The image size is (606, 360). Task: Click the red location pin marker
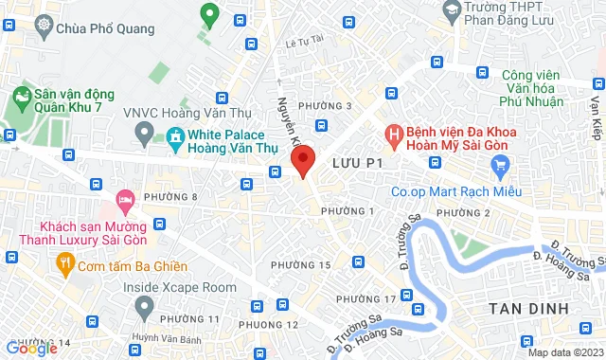tap(303, 162)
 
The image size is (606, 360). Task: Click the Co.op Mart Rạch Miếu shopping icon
tap(501, 167)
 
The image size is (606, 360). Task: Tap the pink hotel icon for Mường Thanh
tap(124, 199)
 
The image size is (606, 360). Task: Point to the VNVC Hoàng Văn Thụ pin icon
tap(144, 136)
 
